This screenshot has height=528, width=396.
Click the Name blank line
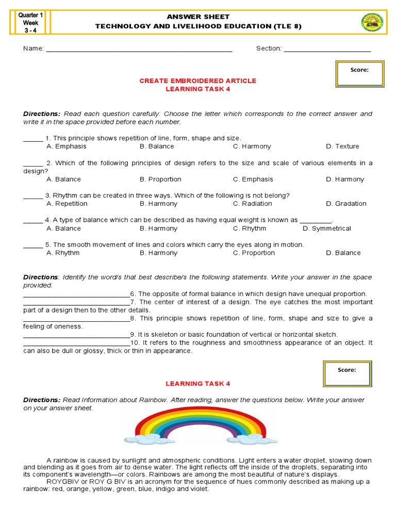click(139, 51)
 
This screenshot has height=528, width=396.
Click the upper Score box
click(359, 74)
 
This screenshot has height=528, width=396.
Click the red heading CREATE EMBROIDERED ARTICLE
click(198, 81)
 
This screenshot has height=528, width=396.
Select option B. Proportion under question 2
click(160, 179)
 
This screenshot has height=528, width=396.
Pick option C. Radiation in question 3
click(253, 204)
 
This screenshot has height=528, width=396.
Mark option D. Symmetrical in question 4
click(326, 228)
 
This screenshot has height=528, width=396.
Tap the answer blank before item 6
click(76, 295)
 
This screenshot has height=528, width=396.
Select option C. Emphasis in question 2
click(253, 179)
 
